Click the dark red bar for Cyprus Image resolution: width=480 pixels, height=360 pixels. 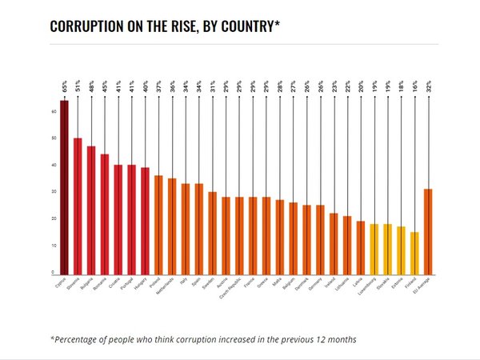pos(64,188)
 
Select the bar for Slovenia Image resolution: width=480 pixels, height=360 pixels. pos(78,206)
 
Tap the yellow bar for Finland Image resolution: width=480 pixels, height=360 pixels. pos(414,253)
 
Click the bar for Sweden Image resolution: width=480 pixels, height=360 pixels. pos(212,233)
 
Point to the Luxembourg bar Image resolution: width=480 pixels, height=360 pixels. pos(374,249)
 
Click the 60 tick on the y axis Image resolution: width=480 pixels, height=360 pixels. pos(53,112)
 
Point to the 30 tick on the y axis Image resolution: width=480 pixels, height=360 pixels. pos(53,192)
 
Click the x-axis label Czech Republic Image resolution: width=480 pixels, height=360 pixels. pos(238,289)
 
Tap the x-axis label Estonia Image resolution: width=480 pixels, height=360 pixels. pos(400,283)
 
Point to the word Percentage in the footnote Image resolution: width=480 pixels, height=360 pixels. pos(83,339)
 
